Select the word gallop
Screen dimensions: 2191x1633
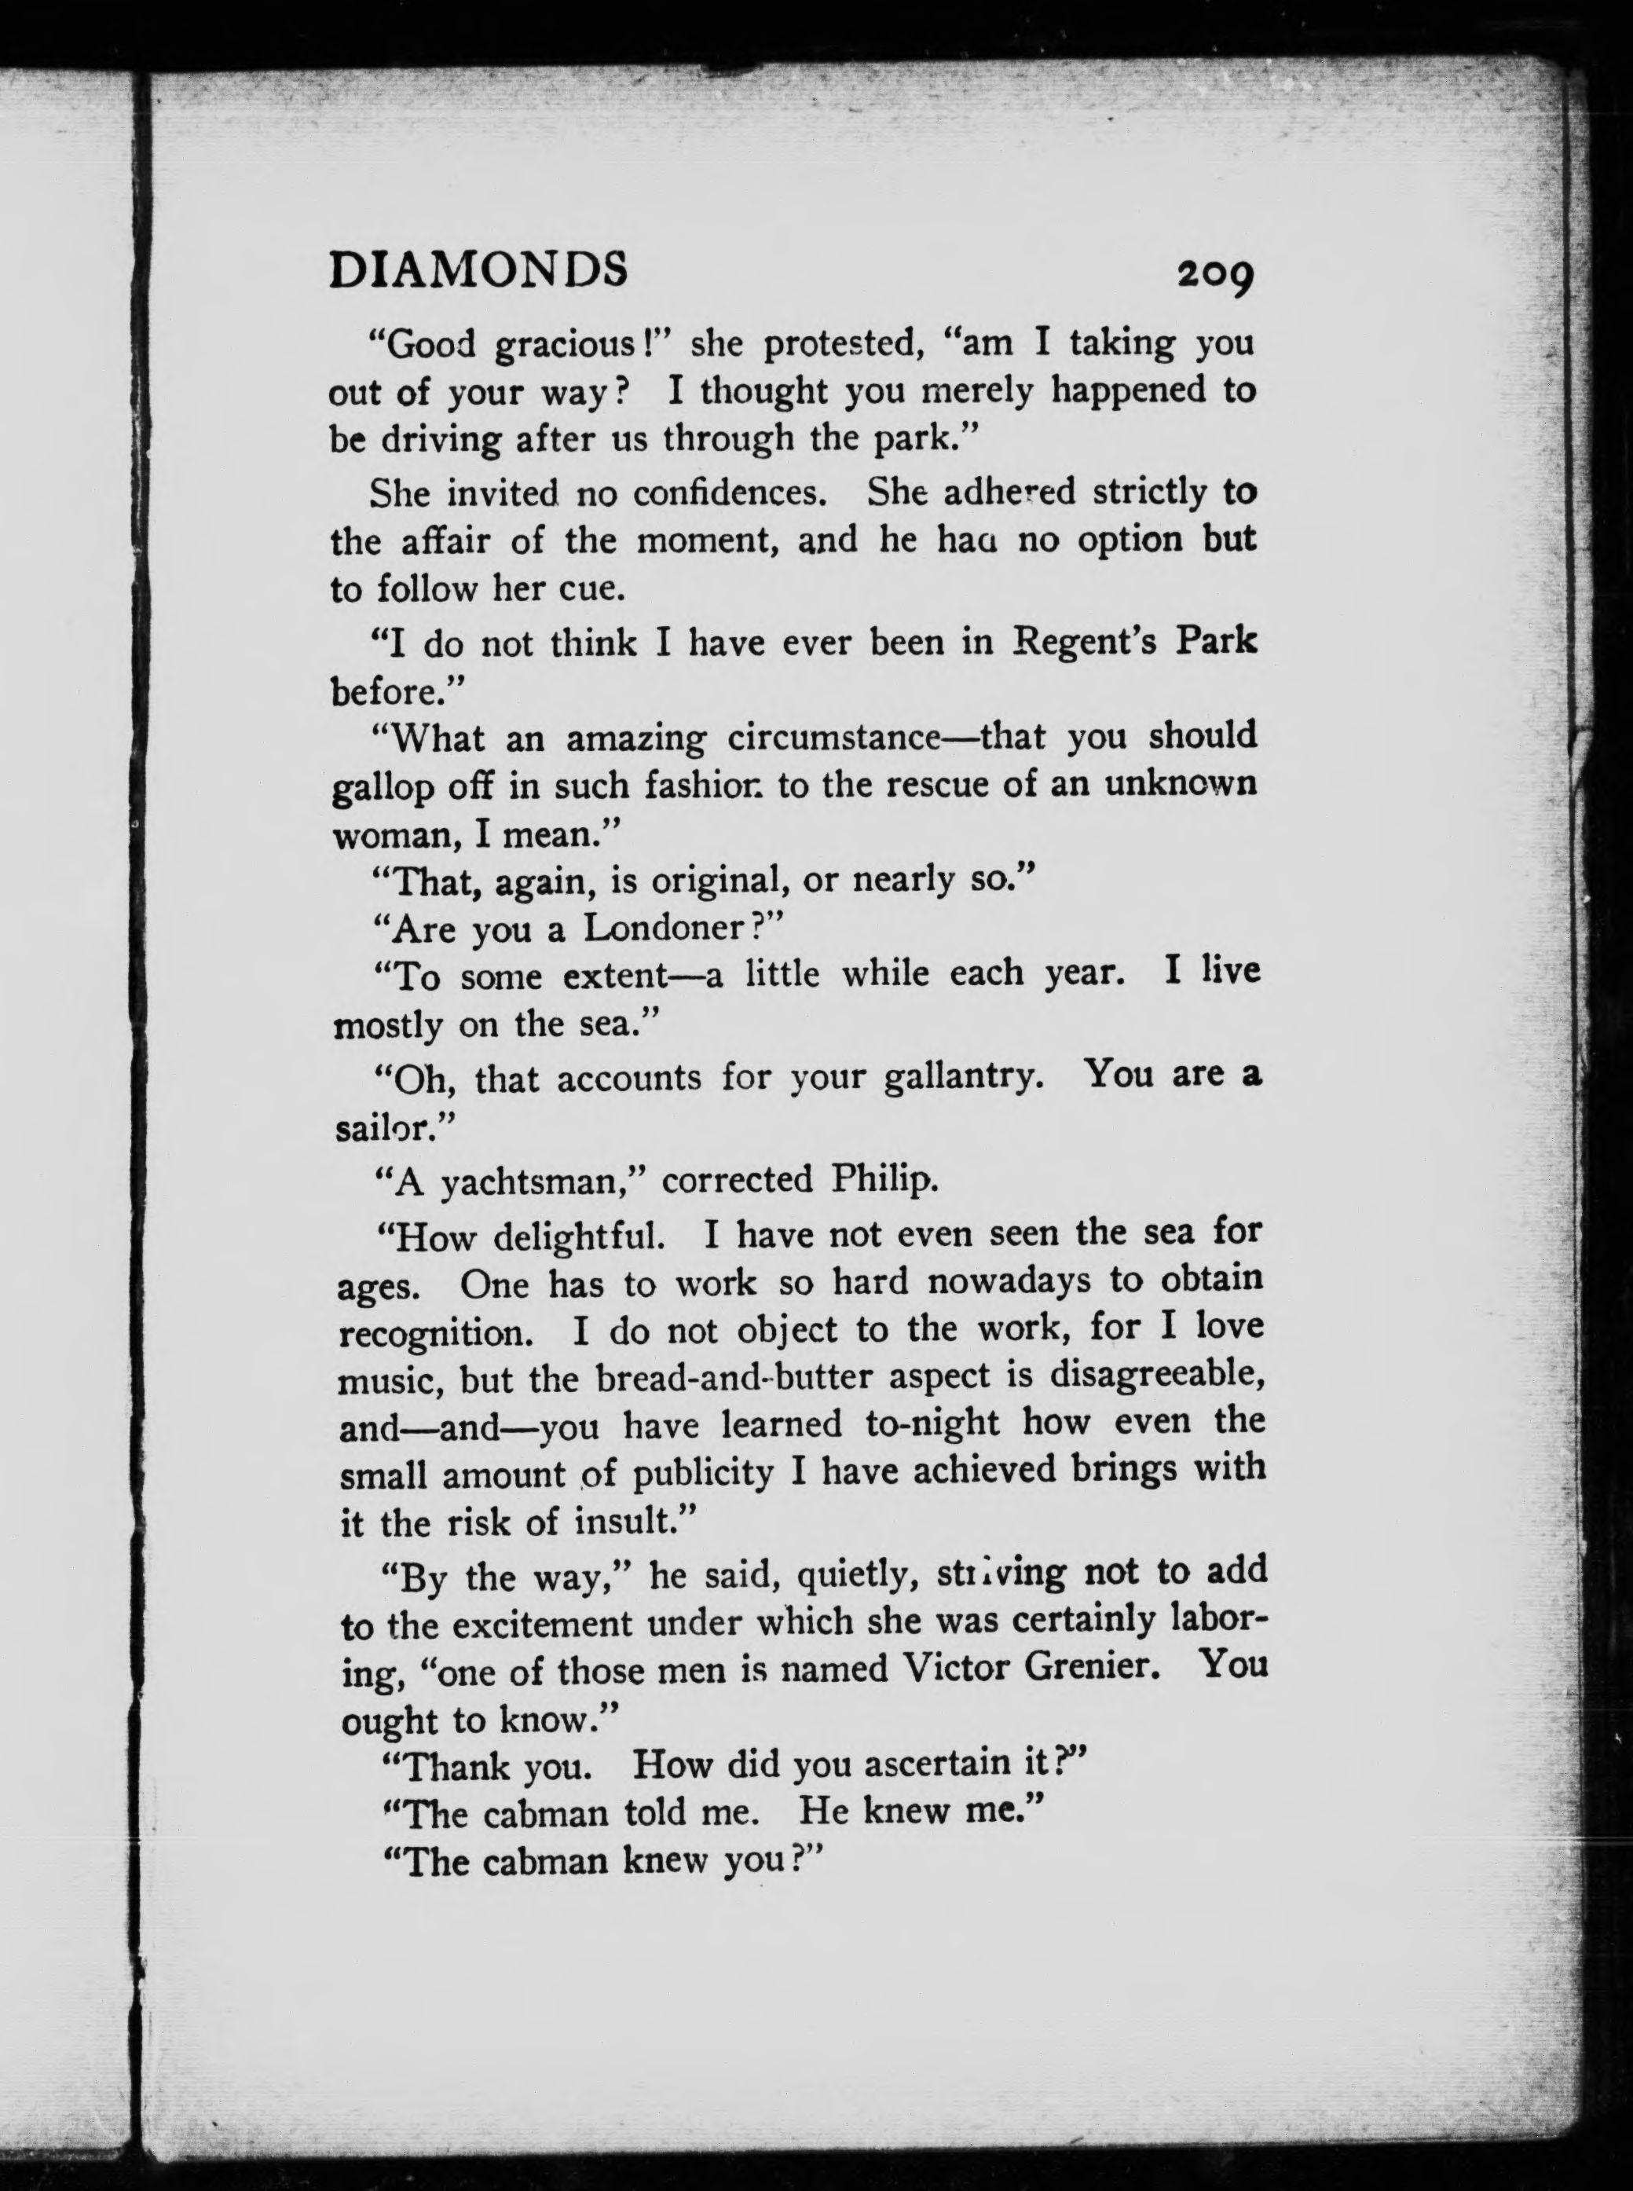pyautogui.click(x=382, y=789)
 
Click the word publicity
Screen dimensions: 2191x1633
pyautogui.click(x=702, y=1475)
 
